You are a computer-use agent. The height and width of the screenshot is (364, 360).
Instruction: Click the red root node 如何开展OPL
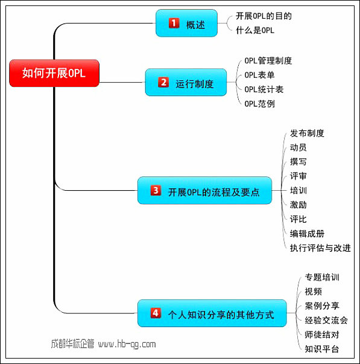click(x=54, y=73)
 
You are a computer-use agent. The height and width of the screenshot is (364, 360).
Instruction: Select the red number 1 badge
click(x=174, y=23)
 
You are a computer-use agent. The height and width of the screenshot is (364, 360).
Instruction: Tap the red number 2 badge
click(x=163, y=82)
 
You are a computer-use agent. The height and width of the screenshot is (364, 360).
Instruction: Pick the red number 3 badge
click(x=156, y=190)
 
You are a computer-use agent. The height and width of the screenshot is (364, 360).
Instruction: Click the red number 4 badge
click(x=156, y=313)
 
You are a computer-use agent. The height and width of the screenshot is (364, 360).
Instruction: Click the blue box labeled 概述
click(x=186, y=23)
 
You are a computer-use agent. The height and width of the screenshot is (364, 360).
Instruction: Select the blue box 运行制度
click(x=186, y=82)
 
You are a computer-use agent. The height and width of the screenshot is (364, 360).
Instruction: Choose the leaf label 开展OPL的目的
click(x=264, y=16)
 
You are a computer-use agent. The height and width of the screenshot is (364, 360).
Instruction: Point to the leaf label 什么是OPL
click(x=255, y=30)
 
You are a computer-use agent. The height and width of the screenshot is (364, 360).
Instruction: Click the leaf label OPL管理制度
click(x=268, y=61)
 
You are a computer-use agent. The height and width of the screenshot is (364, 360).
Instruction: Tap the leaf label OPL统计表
click(x=264, y=89)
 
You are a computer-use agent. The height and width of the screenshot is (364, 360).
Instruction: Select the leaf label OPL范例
click(x=259, y=104)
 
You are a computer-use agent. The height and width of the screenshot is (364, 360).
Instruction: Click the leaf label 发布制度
click(x=307, y=133)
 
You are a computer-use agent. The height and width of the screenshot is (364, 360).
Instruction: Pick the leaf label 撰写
click(x=298, y=162)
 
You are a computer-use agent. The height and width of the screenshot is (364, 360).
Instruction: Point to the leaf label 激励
click(x=298, y=205)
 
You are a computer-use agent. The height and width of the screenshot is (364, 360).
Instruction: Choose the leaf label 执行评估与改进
click(x=320, y=248)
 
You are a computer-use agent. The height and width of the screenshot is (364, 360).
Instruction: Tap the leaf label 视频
click(x=313, y=292)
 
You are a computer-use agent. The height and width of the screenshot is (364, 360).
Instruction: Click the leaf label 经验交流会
click(x=326, y=321)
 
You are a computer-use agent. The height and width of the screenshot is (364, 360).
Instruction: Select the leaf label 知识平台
click(x=322, y=349)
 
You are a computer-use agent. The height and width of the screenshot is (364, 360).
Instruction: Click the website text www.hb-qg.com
click(x=127, y=344)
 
